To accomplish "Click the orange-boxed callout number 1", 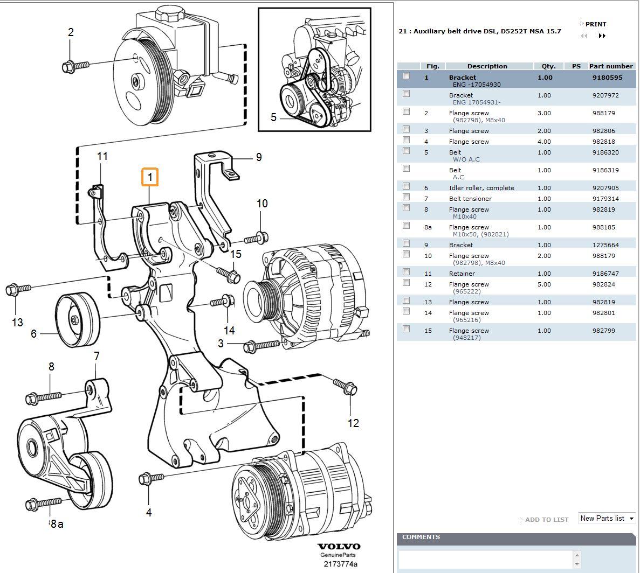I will point(150,177).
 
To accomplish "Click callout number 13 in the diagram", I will point(17,322).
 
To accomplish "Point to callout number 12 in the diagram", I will point(353,423).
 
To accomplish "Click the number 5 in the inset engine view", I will point(273,117).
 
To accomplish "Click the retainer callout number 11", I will point(102,156).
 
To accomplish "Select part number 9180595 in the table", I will point(607,78).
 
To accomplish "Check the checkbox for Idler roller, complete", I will point(406,186).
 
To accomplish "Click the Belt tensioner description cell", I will point(470,199).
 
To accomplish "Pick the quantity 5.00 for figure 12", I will point(544,284).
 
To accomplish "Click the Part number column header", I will point(610,66).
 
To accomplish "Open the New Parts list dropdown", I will point(607,518).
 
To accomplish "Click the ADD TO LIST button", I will point(546,520).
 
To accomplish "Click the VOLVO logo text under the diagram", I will point(339,547).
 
